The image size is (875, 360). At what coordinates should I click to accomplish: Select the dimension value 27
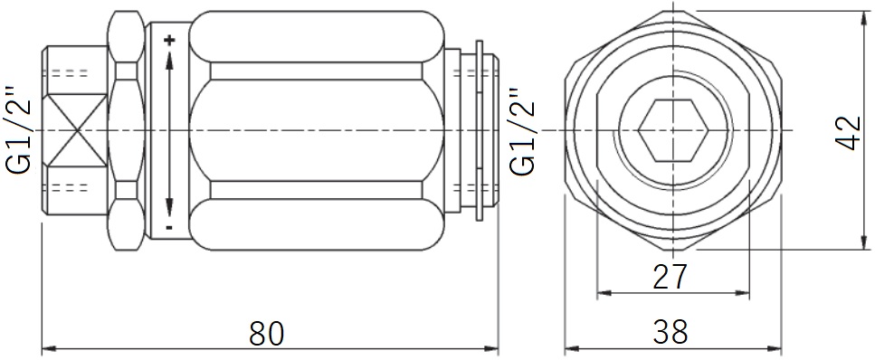[x=670, y=277]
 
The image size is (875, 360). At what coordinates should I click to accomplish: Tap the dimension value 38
[x=671, y=333]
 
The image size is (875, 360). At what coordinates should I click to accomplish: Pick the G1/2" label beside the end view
[x=522, y=131]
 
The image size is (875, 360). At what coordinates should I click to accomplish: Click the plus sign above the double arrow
[x=169, y=40]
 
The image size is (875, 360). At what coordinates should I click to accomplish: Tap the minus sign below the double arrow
[x=169, y=227]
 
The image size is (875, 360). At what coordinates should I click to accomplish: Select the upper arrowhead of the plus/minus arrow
[x=169, y=59]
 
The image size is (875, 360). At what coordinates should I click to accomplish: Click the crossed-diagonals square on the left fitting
[x=75, y=130]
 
